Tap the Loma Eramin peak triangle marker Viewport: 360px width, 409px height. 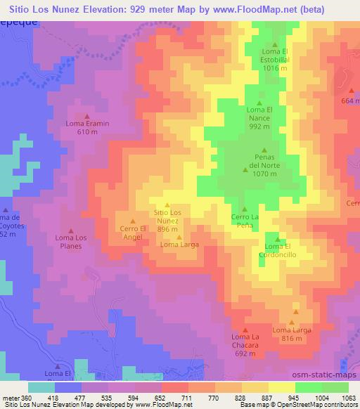coord(87,116)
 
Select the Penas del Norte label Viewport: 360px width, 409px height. coord(264,162)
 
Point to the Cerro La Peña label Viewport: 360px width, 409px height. coord(245,221)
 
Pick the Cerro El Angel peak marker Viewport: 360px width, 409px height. coord(133,221)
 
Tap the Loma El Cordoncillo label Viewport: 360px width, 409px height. coord(277,249)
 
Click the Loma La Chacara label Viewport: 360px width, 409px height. coord(245,344)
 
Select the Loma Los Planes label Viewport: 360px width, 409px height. coord(70,242)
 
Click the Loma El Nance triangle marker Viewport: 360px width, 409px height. coord(259,102)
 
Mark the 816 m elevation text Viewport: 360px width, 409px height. coord(292,339)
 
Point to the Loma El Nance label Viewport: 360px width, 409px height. coord(259,118)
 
